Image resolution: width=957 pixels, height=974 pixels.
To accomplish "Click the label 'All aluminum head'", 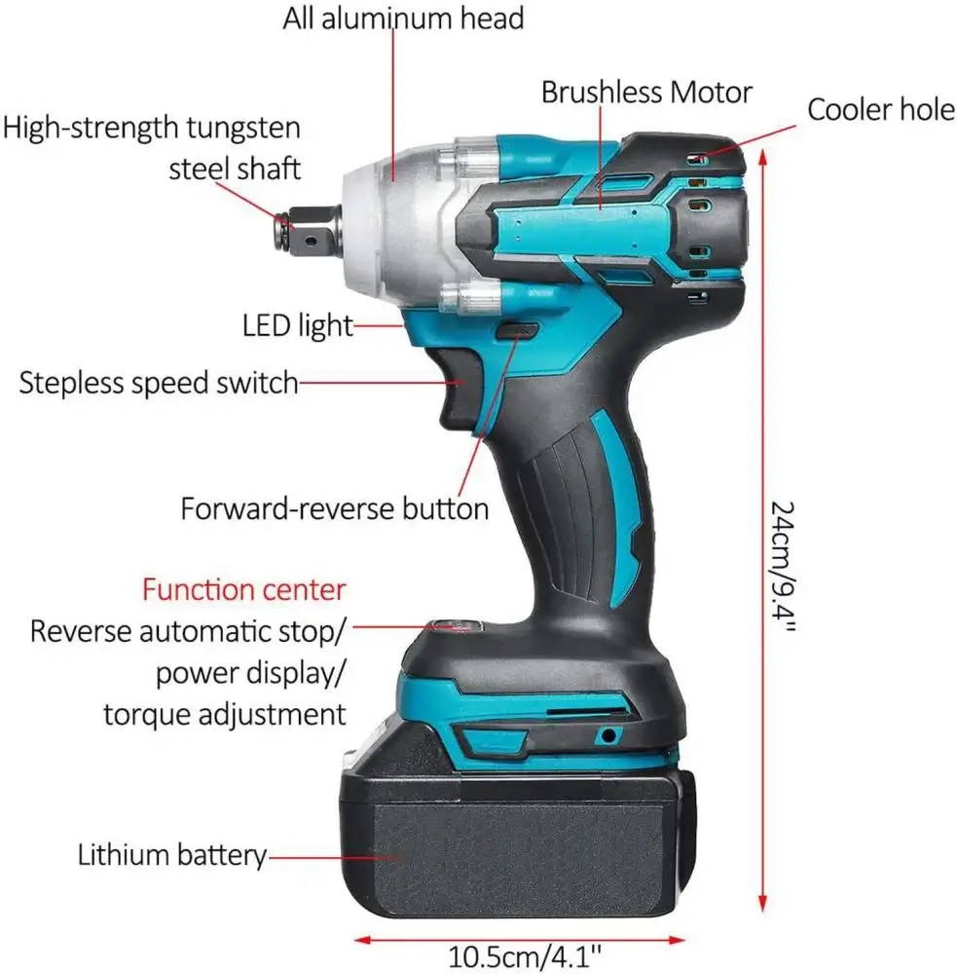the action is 403,18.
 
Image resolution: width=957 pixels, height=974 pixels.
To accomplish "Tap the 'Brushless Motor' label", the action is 646,93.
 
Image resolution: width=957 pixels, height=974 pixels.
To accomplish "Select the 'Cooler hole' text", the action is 881,110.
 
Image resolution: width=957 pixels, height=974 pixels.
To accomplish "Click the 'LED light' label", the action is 298,325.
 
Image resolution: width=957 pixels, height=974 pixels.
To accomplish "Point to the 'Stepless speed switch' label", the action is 159,383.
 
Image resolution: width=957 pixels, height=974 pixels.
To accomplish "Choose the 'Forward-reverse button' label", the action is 335,508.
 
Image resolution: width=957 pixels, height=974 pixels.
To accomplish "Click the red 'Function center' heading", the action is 244,589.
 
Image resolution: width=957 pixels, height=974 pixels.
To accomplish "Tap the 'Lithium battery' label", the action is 172,855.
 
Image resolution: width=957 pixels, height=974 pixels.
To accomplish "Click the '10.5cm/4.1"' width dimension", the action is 525,956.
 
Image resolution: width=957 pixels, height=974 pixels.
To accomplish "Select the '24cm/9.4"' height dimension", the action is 782,567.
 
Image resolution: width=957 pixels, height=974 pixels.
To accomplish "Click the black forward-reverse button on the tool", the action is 517,330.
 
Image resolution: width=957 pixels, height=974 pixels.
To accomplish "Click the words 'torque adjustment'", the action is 224,714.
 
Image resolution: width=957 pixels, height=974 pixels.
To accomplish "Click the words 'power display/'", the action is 249,673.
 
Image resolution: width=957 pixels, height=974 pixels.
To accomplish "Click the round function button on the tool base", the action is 452,626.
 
